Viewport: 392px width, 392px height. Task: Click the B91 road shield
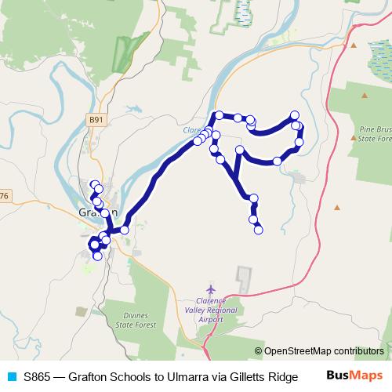pos(95,120)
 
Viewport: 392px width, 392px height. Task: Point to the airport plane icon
pos(208,289)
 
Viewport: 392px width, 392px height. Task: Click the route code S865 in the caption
pos(40,377)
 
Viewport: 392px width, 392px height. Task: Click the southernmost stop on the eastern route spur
pos(258,230)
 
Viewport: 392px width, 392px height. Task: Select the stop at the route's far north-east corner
pos(295,115)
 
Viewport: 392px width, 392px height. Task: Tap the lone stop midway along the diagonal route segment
pos(124,230)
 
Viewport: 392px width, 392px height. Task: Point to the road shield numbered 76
pos(4,195)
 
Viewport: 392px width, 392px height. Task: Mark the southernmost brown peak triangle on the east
pos(337,208)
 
